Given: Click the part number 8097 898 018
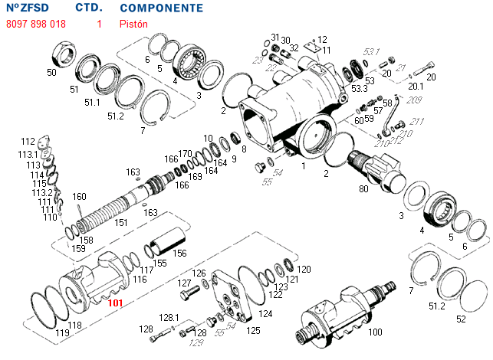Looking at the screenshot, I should [x=35, y=24].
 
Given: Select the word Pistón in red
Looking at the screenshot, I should [x=133, y=24].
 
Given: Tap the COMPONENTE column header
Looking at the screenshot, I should [x=162, y=8].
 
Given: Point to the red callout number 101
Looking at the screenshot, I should [x=115, y=303].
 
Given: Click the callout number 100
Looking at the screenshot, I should [x=375, y=332].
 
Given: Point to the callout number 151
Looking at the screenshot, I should [x=121, y=223].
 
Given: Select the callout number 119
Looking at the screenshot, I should [x=62, y=334].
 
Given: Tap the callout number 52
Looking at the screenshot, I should [x=461, y=319].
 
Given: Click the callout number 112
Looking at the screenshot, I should [x=28, y=142].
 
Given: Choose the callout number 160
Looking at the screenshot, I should [x=80, y=196].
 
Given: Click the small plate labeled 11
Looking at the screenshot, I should [x=311, y=49].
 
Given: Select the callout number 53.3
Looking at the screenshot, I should [x=359, y=90].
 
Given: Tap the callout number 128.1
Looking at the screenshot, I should [x=169, y=317].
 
